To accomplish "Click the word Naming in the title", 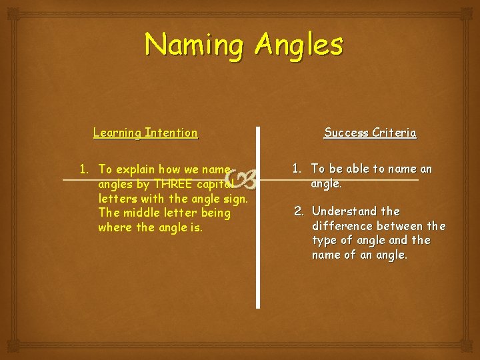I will click(195, 45).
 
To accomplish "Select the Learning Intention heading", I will click(145, 133).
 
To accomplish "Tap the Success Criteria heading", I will click(370, 133).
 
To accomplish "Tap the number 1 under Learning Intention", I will click(83, 169).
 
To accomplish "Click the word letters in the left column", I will click(117, 199).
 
